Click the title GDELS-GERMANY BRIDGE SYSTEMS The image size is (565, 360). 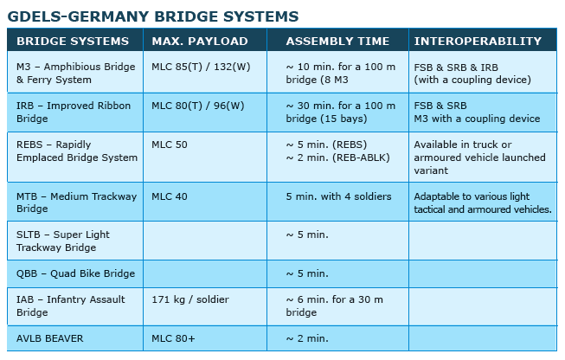tap(153, 16)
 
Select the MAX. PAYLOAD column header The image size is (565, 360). tap(200, 41)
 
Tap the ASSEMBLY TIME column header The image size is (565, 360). tap(337, 41)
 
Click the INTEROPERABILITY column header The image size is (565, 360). tap(478, 41)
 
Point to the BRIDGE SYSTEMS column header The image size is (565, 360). tap(73, 41)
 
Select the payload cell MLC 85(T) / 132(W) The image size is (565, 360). tap(201, 67)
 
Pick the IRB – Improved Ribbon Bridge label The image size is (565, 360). tap(74, 112)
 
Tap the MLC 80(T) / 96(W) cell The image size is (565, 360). tap(198, 106)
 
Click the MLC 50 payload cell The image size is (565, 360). tap(170, 145)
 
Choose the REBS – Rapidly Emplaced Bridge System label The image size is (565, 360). tap(77, 151)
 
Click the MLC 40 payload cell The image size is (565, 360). tap(170, 196)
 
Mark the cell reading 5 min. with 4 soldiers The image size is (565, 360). tap(338, 196)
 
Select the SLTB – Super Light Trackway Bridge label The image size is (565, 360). tap(62, 241)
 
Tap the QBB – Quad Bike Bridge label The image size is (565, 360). tap(75, 273)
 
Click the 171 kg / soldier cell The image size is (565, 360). tap(190, 299)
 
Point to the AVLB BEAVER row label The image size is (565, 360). tap(49, 338)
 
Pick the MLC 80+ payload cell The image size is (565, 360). tap(173, 338)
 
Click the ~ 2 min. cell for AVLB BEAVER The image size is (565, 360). tap(307, 338)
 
